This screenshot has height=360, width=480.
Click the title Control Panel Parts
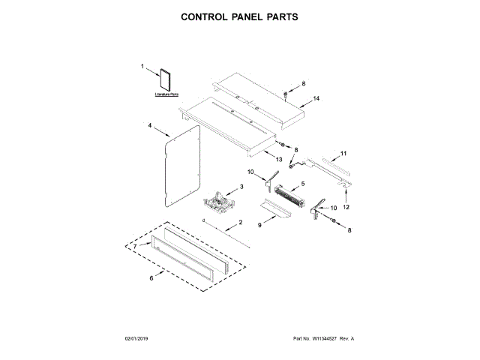point(240,16)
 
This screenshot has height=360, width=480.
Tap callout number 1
point(142,67)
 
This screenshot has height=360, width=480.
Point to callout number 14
point(316,98)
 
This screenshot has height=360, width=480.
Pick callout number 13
point(278,160)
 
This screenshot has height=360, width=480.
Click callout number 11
point(343,154)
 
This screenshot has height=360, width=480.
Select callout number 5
point(302,184)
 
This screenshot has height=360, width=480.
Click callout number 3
point(241,187)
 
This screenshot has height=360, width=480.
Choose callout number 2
point(241,223)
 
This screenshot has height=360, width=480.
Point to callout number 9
point(260,224)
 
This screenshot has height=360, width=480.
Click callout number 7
point(135,247)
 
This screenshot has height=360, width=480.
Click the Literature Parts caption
point(166,94)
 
